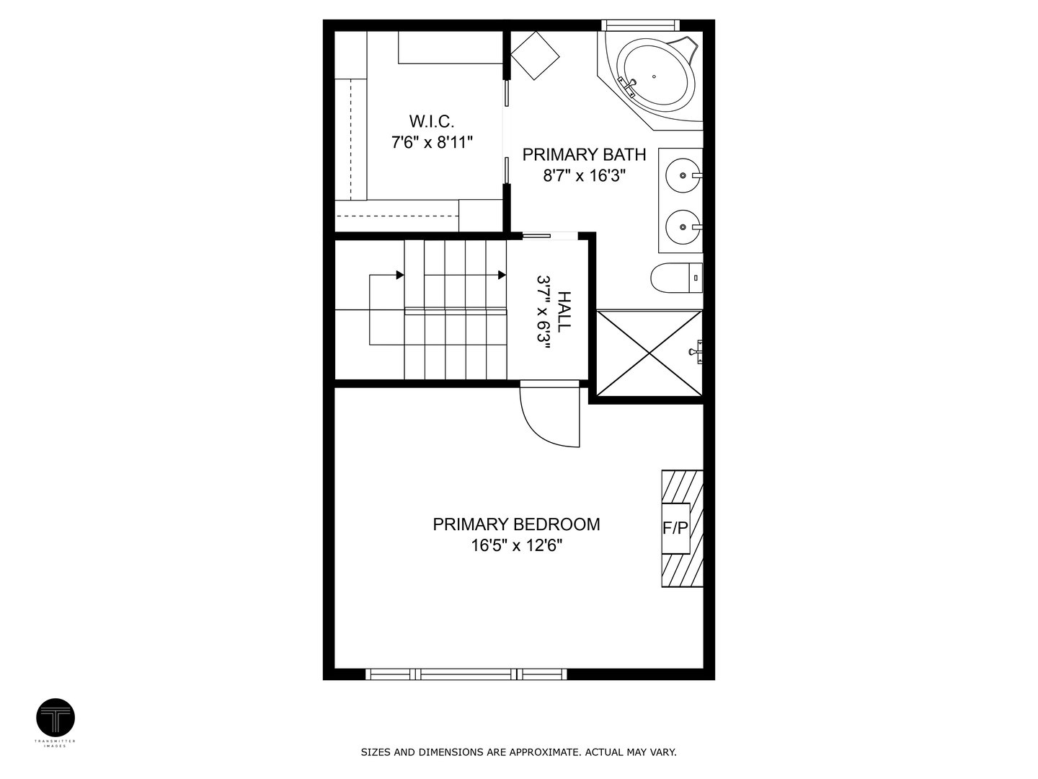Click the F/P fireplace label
click(675, 528)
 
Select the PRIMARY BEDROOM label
click(516, 524)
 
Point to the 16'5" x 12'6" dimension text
click(516, 545)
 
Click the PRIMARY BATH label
click(584, 154)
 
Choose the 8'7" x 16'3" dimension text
click(584, 175)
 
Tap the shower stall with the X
click(649, 353)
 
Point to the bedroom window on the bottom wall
click(466, 674)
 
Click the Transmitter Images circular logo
click(56, 718)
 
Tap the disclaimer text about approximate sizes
click(518, 752)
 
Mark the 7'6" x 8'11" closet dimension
click(431, 142)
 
